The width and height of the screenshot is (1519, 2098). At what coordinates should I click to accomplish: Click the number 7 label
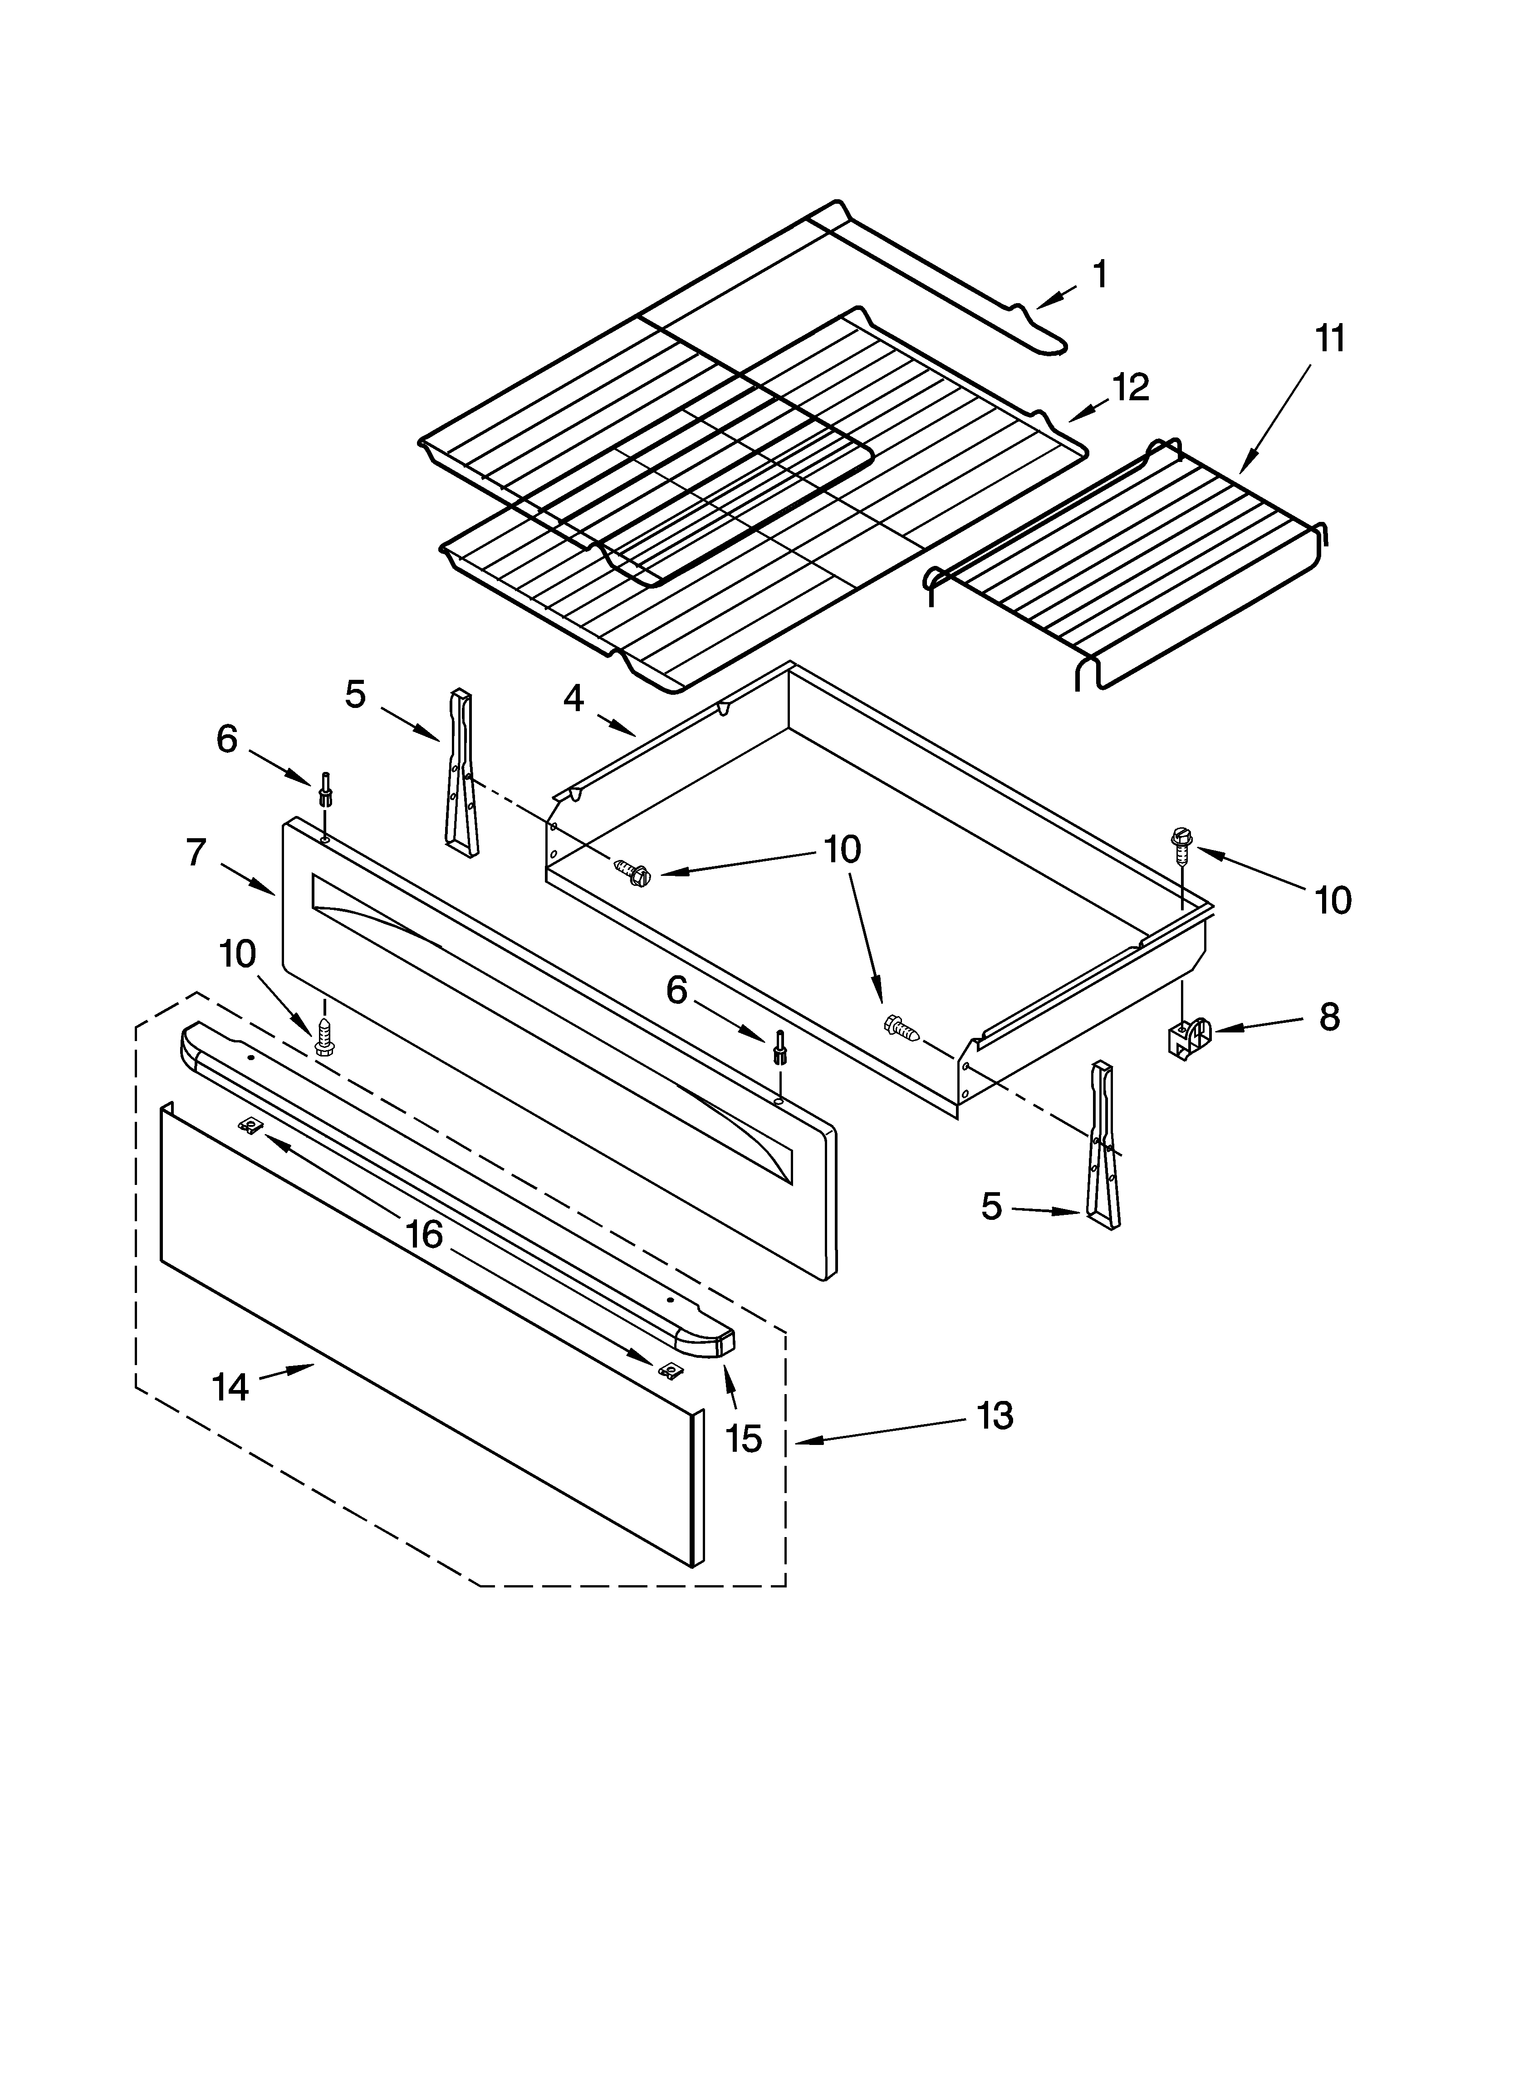tap(195, 852)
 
